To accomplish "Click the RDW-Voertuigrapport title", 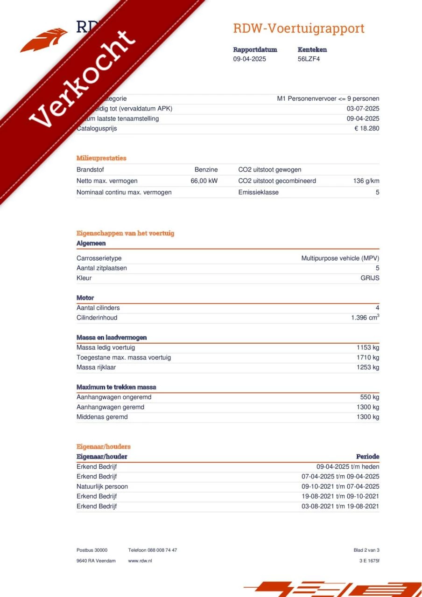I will click(299, 28).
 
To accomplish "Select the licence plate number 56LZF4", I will click(309, 59).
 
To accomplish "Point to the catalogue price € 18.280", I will click(366, 129).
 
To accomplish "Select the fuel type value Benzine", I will click(206, 170).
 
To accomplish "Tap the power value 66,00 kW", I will click(204, 181).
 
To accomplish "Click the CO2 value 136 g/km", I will click(366, 181).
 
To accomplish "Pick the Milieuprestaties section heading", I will click(101, 158).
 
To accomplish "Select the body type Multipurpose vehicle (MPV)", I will click(340, 258).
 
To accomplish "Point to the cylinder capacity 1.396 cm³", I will click(365, 318).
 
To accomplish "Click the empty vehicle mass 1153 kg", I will click(368, 347).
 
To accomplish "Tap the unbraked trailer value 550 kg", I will click(370, 397).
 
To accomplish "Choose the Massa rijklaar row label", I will click(96, 368).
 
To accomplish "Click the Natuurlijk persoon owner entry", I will click(102, 486).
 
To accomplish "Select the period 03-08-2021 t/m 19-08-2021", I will click(340, 507).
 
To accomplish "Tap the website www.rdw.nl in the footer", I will click(140, 561).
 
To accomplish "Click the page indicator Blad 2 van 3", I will click(366, 550).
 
